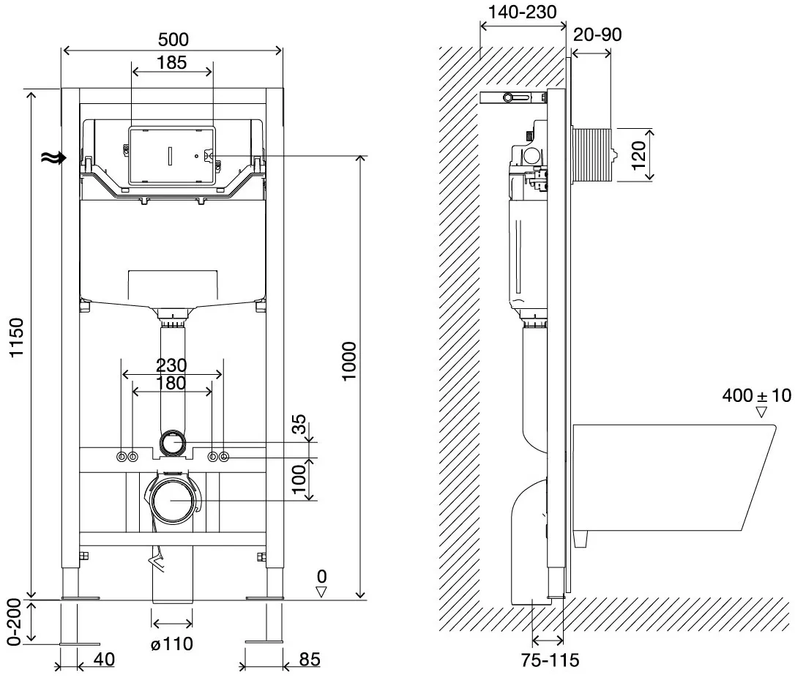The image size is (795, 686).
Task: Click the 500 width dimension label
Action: (173, 40)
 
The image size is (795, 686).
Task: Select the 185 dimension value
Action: (172, 62)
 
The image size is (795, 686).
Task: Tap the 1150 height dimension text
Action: (17, 338)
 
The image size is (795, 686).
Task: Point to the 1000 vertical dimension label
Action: (349, 361)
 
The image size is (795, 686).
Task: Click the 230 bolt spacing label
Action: (171, 365)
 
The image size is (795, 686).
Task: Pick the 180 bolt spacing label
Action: (171, 383)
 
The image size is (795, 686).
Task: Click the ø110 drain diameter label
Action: (172, 644)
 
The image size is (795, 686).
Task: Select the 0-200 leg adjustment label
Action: (14, 622)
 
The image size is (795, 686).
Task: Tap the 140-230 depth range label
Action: (522, 12)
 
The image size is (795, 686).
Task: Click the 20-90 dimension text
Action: (597, 34)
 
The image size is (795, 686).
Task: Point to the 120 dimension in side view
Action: (638, 155)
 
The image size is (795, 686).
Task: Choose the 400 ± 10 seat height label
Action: (756, 395)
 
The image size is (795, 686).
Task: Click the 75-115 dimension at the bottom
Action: (550, 660)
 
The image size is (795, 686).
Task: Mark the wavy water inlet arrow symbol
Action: (53, 158)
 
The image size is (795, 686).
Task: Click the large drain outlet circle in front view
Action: (173, 501)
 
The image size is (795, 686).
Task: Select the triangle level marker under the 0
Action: (321, 591)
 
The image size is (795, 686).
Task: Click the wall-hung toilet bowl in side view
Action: (673, 477)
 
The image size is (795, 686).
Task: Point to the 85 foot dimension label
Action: (309, 659)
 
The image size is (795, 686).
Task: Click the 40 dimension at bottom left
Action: (104, 659)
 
